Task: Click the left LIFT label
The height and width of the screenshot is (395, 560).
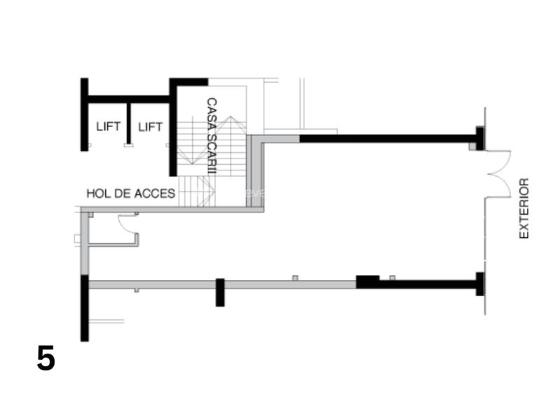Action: (x=109, y=127)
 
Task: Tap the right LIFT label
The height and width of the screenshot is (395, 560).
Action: (x=150, y=127)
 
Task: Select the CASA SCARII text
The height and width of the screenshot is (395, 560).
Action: (x=211, y=136)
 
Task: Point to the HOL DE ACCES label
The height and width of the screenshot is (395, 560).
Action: (x=130, y=193)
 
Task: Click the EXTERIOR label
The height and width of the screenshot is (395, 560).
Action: (x=524, y=208)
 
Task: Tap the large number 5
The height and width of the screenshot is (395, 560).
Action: (x=46, y=359)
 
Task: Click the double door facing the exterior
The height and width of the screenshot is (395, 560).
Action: (x=500, y=174)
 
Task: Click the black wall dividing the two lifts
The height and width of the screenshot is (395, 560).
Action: (x=129, y=123)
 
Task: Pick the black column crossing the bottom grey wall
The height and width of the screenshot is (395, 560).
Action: (x=219, y=292)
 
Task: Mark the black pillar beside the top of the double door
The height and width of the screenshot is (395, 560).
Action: (x=480, y=138)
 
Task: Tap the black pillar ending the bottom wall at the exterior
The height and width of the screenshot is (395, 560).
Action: (x=480, y=283)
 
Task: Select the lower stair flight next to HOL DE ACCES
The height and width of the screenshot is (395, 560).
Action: (x=196, y=192)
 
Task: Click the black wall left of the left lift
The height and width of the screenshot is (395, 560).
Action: (x=84, y=114)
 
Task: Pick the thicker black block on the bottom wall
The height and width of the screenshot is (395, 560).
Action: (x=367, y=281)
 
